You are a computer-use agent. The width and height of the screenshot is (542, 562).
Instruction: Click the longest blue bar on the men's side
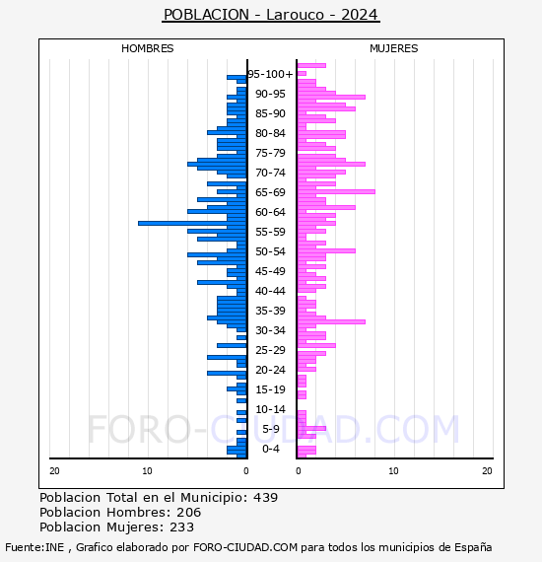[x=192, y=223]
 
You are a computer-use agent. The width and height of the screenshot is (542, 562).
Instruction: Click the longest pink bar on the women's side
[x=336, y=191]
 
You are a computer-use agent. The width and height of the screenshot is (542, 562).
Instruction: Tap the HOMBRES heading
[x=147, y=48]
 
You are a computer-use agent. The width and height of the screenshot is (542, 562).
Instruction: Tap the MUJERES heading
[x=394, y=48]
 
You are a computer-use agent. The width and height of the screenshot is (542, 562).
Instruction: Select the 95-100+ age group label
[x=270, y=74]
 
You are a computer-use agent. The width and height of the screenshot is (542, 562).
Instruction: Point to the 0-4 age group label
[x=271, y=449]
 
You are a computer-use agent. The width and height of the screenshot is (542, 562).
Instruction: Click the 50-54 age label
[x=270, y=251]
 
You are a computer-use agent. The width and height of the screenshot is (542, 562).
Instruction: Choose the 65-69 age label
[x=270, y=192]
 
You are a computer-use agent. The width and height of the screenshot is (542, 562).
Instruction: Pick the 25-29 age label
[x=270, y=350]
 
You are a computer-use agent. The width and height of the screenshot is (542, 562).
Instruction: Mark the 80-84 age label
[x=270, y=133]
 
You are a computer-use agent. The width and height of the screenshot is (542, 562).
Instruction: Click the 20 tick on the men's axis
[x=54, y=471]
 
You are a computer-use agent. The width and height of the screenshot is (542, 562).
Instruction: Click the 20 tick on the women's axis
[x=487, y=471]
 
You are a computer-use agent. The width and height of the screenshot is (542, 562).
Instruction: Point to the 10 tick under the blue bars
[x=147, y=471]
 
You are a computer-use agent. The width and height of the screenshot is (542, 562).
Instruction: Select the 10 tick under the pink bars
[x=394, y=471]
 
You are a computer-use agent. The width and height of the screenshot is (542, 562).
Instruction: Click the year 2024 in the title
[x=360, y=15]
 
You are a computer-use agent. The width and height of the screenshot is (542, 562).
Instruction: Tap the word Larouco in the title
[x=295, y=15]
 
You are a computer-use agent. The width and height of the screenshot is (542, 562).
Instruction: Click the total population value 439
[x=265, y=498]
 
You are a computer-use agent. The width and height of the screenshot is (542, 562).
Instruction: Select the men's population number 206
[x=189, y=513]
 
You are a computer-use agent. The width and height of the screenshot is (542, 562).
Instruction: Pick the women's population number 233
[x=181, y=527]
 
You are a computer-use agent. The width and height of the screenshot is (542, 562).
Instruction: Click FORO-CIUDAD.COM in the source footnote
[x=245, y=547]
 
